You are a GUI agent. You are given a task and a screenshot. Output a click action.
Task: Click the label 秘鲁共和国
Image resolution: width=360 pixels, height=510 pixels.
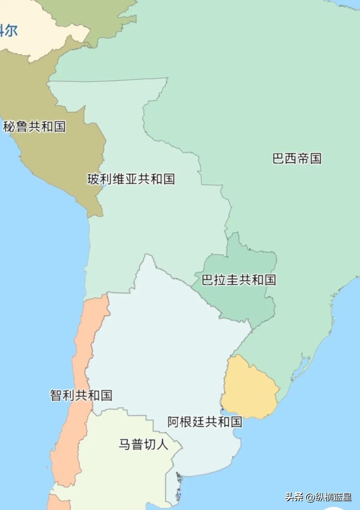pos(34,126)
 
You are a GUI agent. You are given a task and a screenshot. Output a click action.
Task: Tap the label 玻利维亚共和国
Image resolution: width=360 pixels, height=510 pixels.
pos(131,179)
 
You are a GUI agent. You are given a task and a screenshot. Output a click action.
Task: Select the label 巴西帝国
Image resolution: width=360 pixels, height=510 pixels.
pos(297,158)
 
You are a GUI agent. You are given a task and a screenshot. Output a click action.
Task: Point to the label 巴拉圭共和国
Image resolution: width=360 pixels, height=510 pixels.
pos(239,280)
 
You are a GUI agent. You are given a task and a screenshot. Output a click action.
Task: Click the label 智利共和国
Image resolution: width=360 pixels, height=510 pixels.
pos(81,395)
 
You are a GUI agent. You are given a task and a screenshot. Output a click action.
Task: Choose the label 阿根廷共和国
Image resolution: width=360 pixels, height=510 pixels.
pos(205,422)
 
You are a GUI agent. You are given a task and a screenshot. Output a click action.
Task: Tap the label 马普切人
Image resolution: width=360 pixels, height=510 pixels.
pos(143,444)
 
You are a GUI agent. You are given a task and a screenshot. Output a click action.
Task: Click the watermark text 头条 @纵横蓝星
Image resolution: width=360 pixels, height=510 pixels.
pos(318,497)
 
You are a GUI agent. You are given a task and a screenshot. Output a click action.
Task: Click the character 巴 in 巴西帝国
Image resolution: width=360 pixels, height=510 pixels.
pos(278,158)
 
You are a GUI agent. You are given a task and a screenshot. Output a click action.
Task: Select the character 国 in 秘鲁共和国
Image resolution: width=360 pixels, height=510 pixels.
pos(59,126)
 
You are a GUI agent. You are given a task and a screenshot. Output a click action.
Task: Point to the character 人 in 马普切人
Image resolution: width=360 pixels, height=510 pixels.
pos(162,444)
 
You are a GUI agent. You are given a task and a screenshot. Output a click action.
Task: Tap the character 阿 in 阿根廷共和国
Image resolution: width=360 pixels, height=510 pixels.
pos(174,422)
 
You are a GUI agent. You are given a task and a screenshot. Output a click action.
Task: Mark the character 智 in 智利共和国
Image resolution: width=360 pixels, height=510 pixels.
pos(56,395)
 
